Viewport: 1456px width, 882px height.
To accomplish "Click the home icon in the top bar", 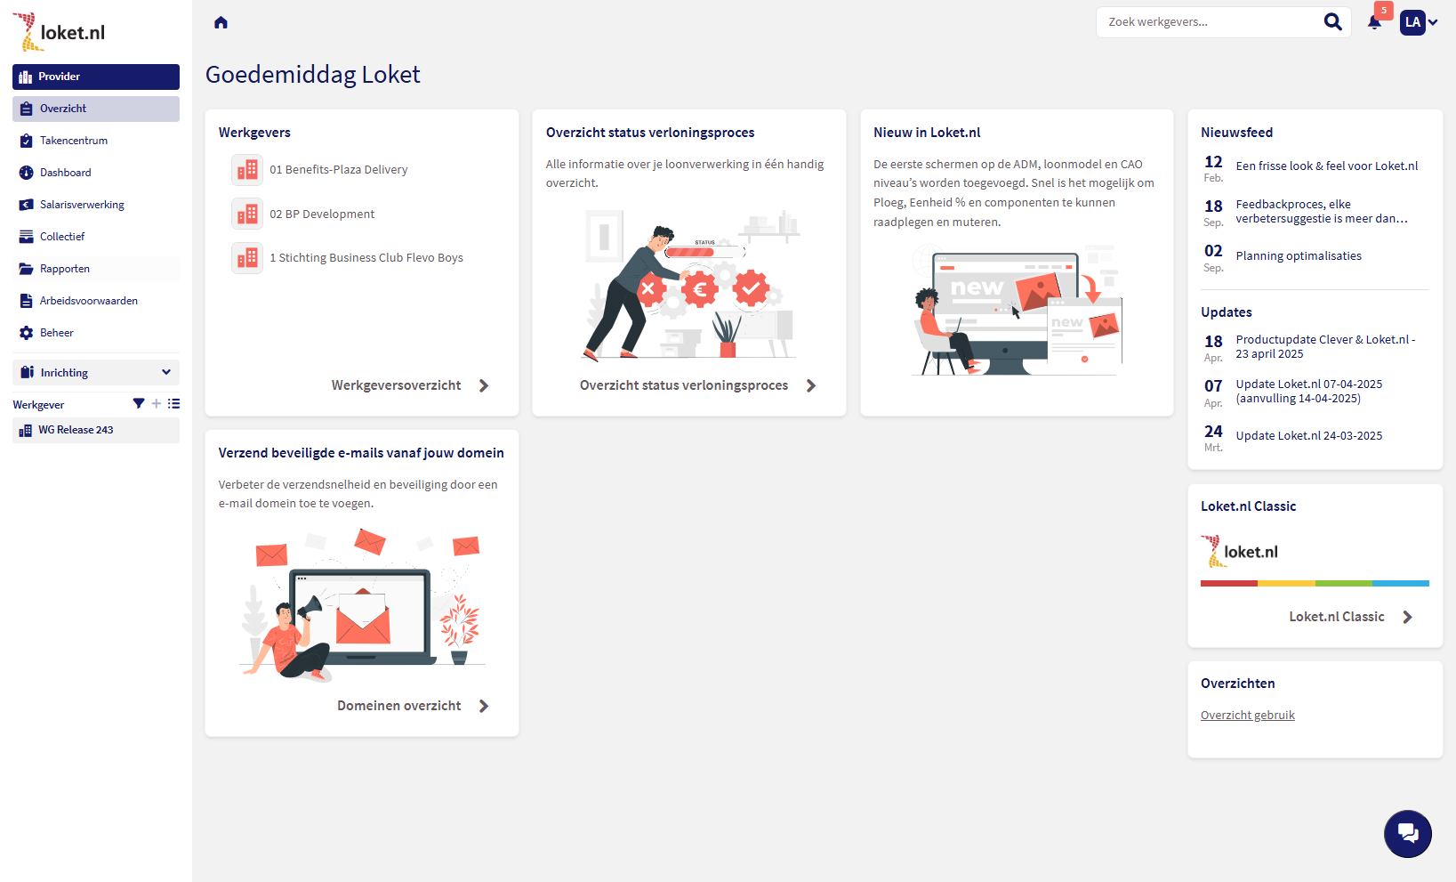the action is point(221,23).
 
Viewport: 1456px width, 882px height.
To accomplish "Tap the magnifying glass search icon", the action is point(1332,22).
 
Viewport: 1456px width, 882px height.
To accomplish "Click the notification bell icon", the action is point(1374,23).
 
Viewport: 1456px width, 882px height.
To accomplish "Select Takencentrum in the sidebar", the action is point(74,141).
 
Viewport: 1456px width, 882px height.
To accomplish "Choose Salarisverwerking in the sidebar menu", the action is point(82,205).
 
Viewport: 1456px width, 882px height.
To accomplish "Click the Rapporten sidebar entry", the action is point(64,269).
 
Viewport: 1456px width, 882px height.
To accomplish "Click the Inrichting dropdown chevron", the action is point(166,372).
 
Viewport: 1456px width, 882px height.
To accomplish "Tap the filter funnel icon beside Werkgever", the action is point(139,404).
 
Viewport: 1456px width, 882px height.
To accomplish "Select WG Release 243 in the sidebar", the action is point(76,430).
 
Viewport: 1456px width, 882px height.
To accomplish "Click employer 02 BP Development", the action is point(322,214).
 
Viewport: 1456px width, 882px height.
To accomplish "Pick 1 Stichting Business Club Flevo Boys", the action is point(366,257).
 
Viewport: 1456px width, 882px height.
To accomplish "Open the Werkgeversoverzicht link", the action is point(396,385).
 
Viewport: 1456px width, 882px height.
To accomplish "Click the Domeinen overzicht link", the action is point(398,706).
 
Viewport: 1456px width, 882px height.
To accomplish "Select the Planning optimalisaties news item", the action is point(1298,255).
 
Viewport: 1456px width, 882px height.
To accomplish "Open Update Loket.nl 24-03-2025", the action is point(1308,436).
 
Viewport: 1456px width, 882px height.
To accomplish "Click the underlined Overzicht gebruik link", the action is point(1247,716).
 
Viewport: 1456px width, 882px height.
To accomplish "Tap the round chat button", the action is point(1407,834).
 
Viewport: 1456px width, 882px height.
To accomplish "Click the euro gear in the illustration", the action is point(699,289).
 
